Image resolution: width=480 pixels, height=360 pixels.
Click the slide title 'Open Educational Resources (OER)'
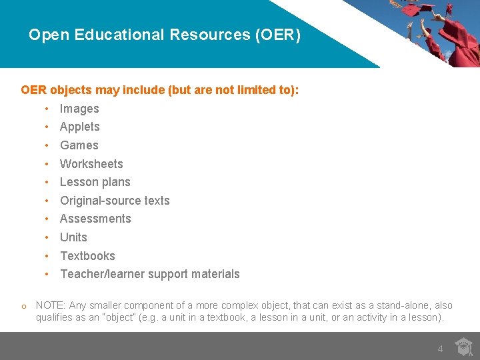tap(165, 35)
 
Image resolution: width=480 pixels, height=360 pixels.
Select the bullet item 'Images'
tap(79, 109)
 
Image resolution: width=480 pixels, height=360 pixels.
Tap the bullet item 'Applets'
tap(80, 127)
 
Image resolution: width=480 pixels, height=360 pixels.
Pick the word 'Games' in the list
tap(79, 145)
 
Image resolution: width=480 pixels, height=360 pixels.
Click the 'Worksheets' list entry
tap(91, 164)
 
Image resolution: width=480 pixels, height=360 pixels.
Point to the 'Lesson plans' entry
tap(95, 182)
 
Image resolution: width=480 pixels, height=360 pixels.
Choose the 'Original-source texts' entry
tap(115, 201)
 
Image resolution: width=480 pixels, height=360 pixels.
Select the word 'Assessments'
tap(95, 219)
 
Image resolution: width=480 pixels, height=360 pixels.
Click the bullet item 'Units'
tap(73, 237)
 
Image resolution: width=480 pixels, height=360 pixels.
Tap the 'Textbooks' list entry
tap(87, 256)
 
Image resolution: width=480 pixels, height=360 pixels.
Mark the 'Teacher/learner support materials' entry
tap(150, 274)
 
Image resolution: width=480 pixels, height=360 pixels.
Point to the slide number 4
tap(440, 349)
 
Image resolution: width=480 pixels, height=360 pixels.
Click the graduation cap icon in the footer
tap(463, 347)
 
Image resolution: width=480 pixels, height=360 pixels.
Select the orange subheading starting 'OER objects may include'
tap(160, 90)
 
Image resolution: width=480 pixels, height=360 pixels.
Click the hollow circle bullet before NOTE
tap(23, 307)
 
